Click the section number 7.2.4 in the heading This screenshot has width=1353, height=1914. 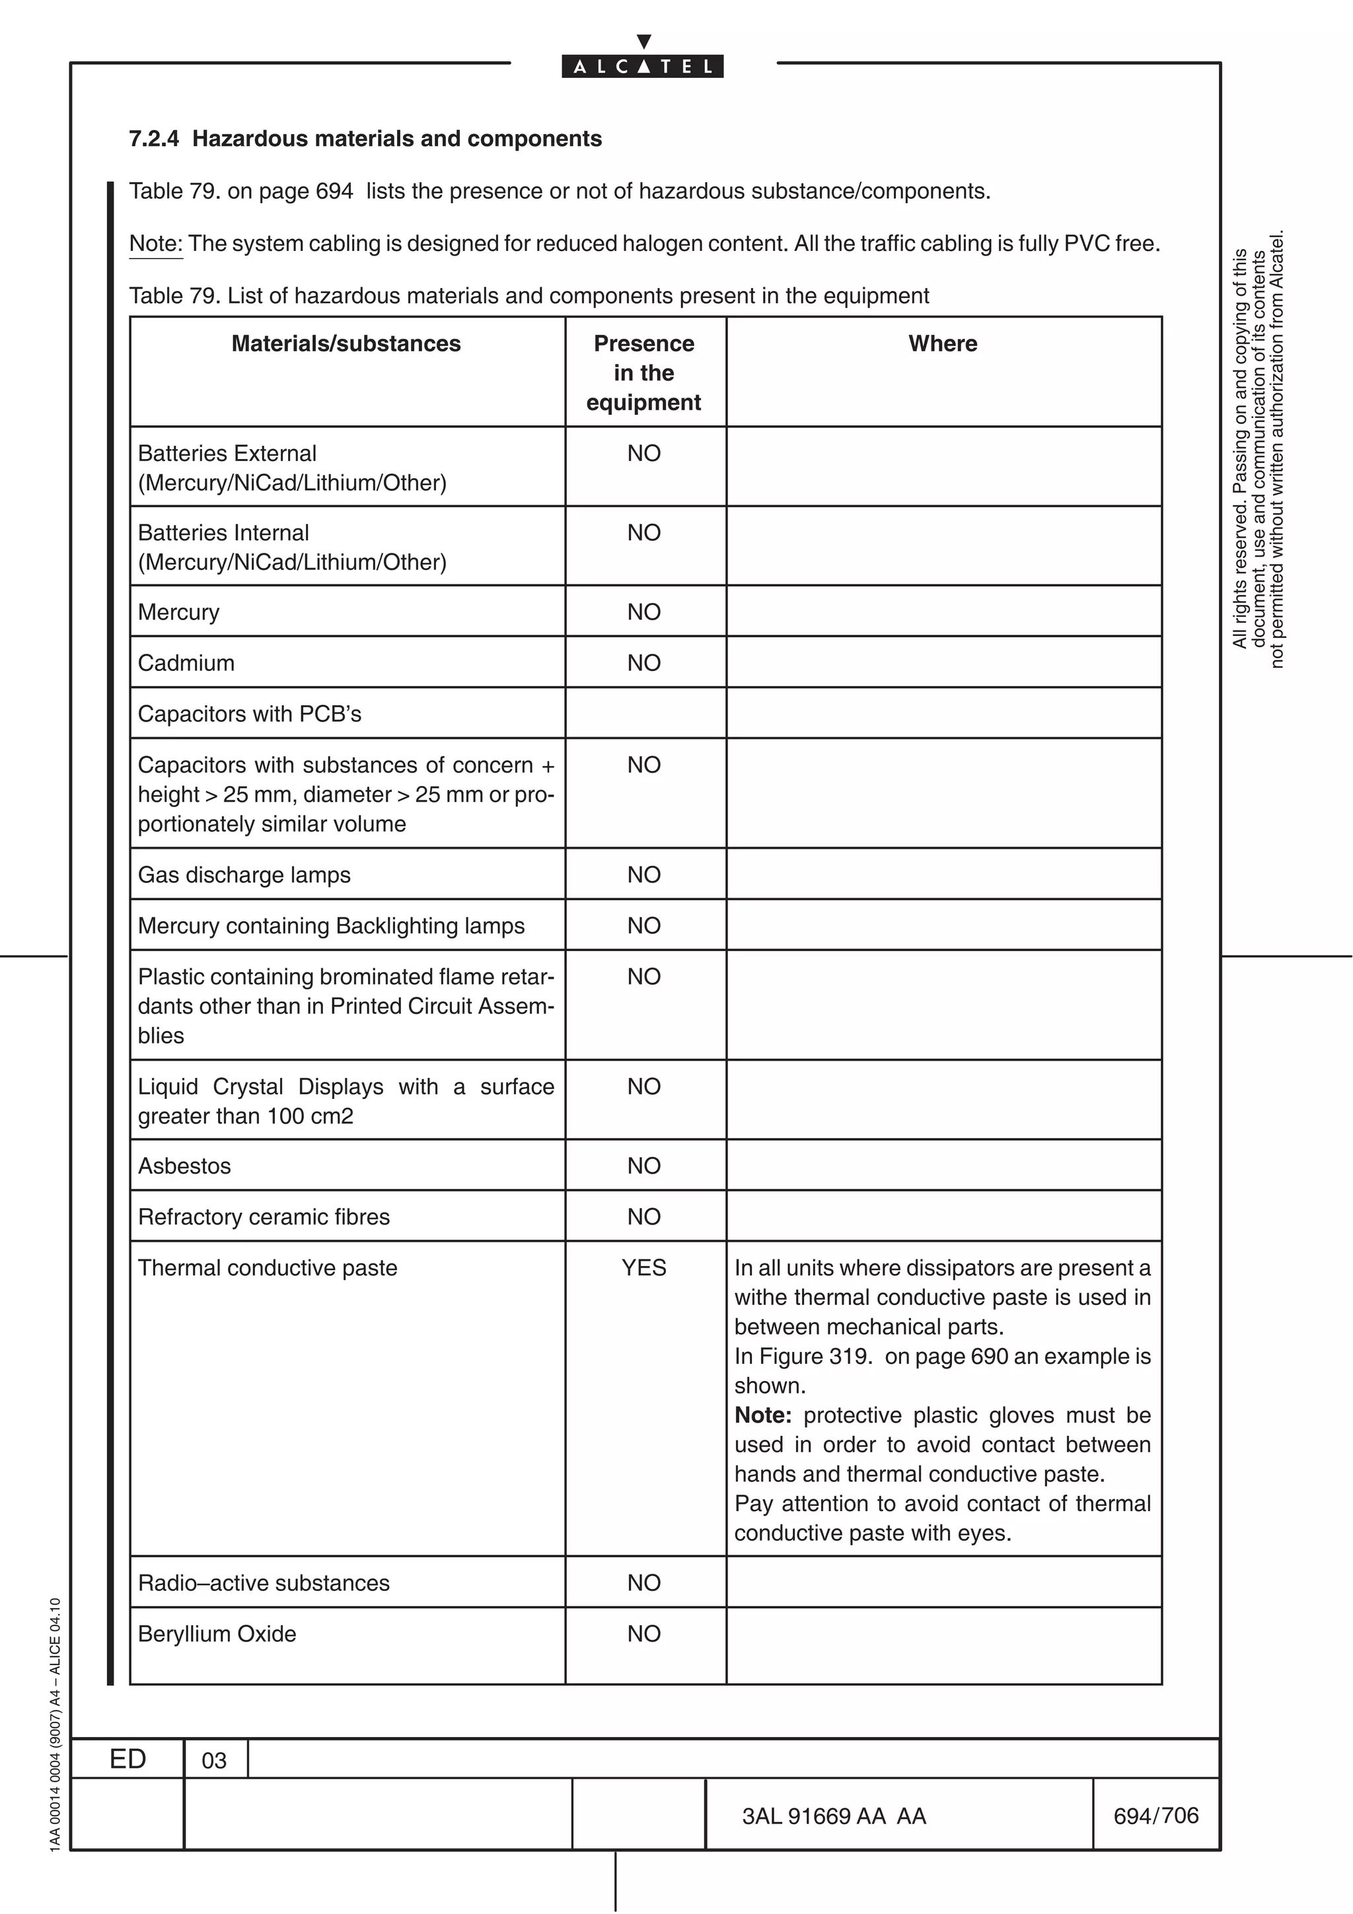pos(153,139)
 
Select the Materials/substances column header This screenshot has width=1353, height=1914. pos(346,343)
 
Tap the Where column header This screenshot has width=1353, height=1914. pos(943,343)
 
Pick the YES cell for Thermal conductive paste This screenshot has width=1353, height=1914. pos(643,1268)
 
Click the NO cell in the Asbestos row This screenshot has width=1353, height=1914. pos(643,1166)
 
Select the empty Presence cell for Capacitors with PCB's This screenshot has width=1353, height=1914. pos(644,713)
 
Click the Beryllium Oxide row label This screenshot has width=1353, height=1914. pos(217,1634)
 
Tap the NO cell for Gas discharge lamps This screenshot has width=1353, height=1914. pos(643,874)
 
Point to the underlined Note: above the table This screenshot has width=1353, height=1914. pos(156,244)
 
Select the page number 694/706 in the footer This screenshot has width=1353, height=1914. pos(1155,1816)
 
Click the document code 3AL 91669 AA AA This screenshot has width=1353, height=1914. pos(834,1816)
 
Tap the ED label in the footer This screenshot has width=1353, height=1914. pos(128,1759)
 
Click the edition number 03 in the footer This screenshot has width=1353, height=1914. pos(214,1761)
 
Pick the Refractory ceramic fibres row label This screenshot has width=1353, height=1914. pos(264,1217)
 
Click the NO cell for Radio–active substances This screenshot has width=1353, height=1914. pos(643,1583)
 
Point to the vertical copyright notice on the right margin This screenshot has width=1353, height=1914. pos(1258,450)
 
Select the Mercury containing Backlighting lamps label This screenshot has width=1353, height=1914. pos(331,926)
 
